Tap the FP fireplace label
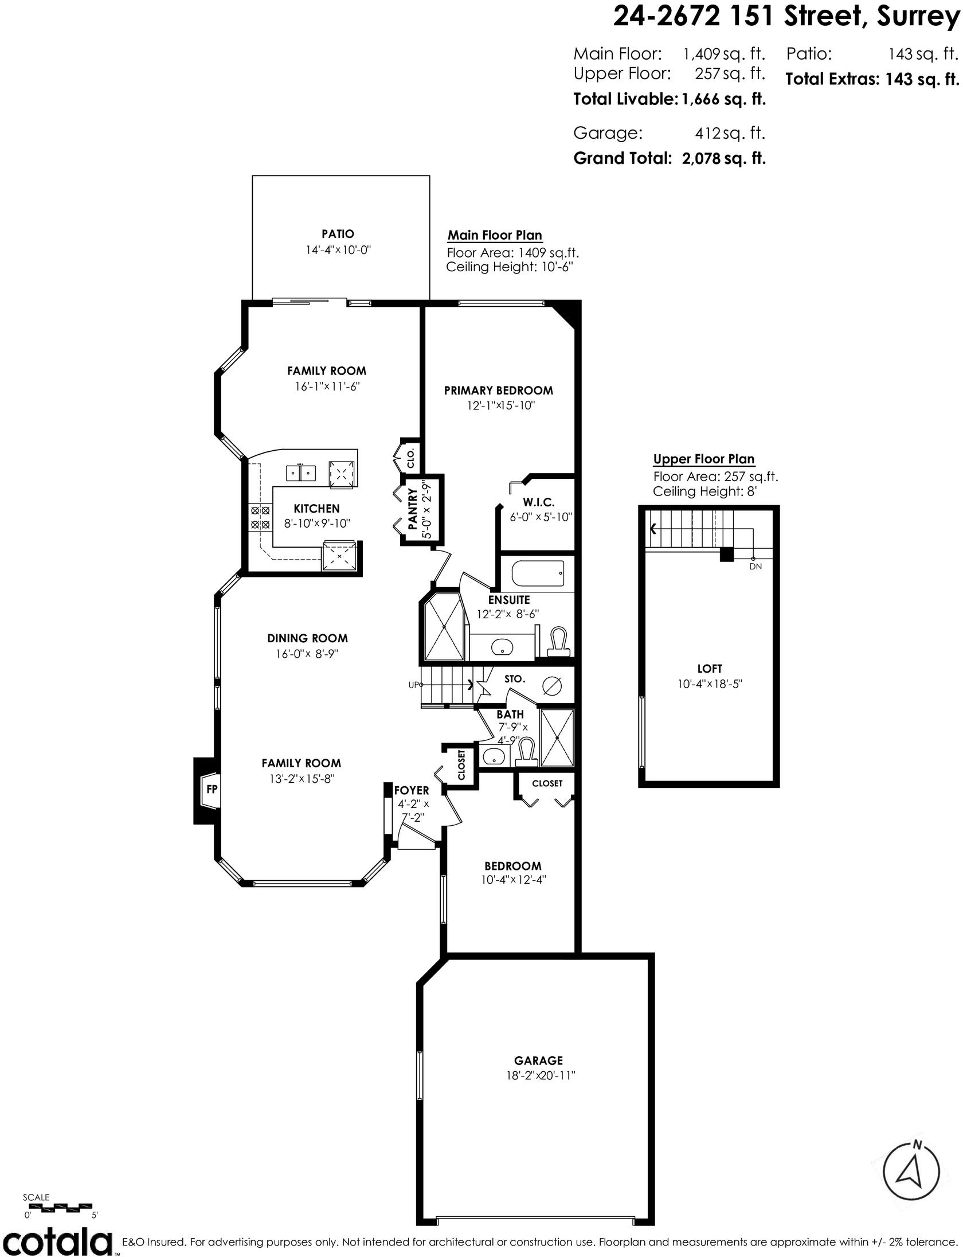click(x=212, y=789)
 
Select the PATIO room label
click(x=338, y=234)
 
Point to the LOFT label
click(x=710, y=669)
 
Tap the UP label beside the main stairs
click(x=413, y=684)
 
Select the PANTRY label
click(x=412, y=509)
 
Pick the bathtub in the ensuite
click(x=537, y=572)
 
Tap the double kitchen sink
click(x=302, y=473)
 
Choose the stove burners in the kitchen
click(x=260, y=517)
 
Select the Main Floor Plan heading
click(x=495, y=235)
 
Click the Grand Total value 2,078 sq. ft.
click(x=724, y=158)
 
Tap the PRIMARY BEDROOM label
click(x=499, y=391)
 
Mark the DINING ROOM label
click(x=307, y=638)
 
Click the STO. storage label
click(x=515, y=679)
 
